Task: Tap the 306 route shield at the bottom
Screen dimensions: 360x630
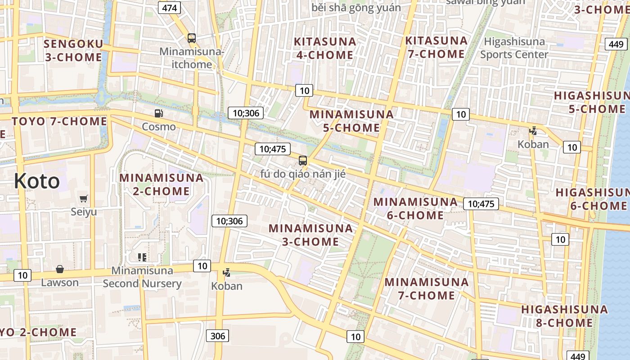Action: click(218, 336)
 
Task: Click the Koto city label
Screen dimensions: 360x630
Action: click(36, 181)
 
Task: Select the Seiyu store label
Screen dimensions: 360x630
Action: click(84, 211)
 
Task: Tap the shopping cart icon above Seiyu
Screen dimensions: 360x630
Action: click(84, 198)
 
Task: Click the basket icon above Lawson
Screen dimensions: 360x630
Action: click(60, 269)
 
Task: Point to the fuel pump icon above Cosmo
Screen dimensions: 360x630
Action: click(158, 113)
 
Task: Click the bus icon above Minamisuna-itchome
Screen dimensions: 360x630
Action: click(192, 38)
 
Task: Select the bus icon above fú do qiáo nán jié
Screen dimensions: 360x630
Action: click(303, 160)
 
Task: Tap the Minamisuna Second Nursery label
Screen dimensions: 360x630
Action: click(142, 277)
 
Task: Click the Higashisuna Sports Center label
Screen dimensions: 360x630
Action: click(514, 48)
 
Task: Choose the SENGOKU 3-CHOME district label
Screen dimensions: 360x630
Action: click(74, 50)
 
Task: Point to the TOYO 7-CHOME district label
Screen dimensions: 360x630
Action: click(59, 121)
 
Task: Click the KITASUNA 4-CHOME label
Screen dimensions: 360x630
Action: click(324, 48)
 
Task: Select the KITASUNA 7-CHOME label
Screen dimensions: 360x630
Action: click(436, 47)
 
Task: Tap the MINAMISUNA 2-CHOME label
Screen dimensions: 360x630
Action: click(162, 184)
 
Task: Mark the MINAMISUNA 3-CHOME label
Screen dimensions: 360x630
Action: click(310, 234)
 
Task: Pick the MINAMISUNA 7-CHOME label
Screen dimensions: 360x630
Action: click(426, 288)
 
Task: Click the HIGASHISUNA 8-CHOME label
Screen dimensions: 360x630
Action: click(564, 316)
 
